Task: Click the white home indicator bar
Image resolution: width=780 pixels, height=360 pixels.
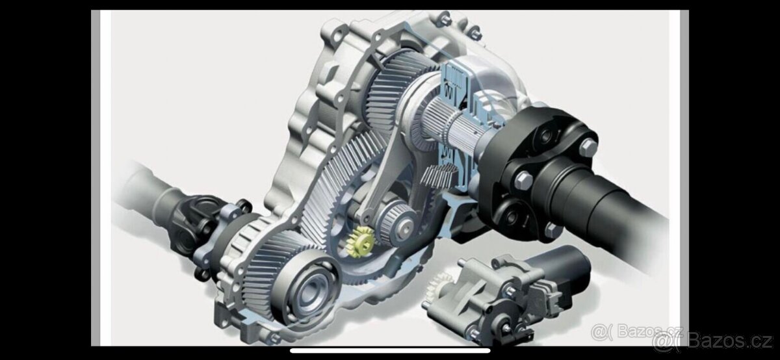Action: [390, 351]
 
